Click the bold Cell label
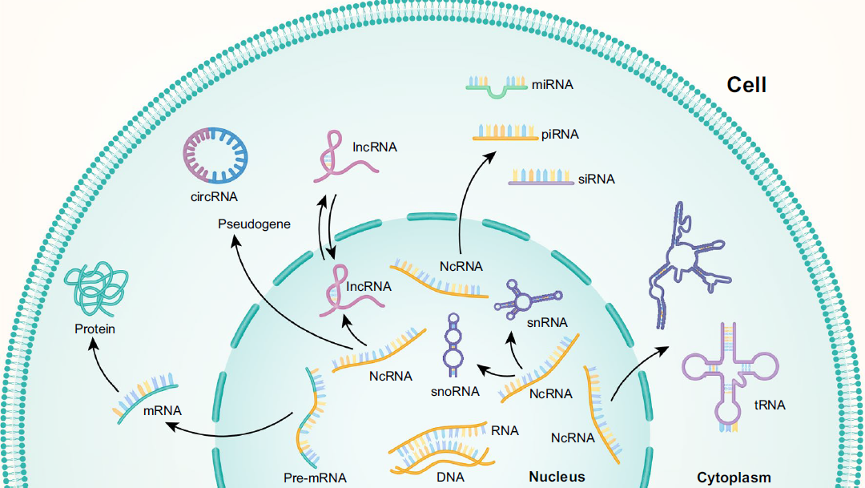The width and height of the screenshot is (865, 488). [x=746, y=85]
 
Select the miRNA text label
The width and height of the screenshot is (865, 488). [x=553, y=83]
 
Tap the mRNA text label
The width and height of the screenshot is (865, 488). [x=163, y=411]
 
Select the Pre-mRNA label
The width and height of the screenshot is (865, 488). [x=315, y=478]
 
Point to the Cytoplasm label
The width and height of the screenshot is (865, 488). [x=733, y=478]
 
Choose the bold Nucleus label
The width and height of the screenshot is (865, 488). [x=557, y=477]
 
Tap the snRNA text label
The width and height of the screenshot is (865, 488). [x=547, y=323]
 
